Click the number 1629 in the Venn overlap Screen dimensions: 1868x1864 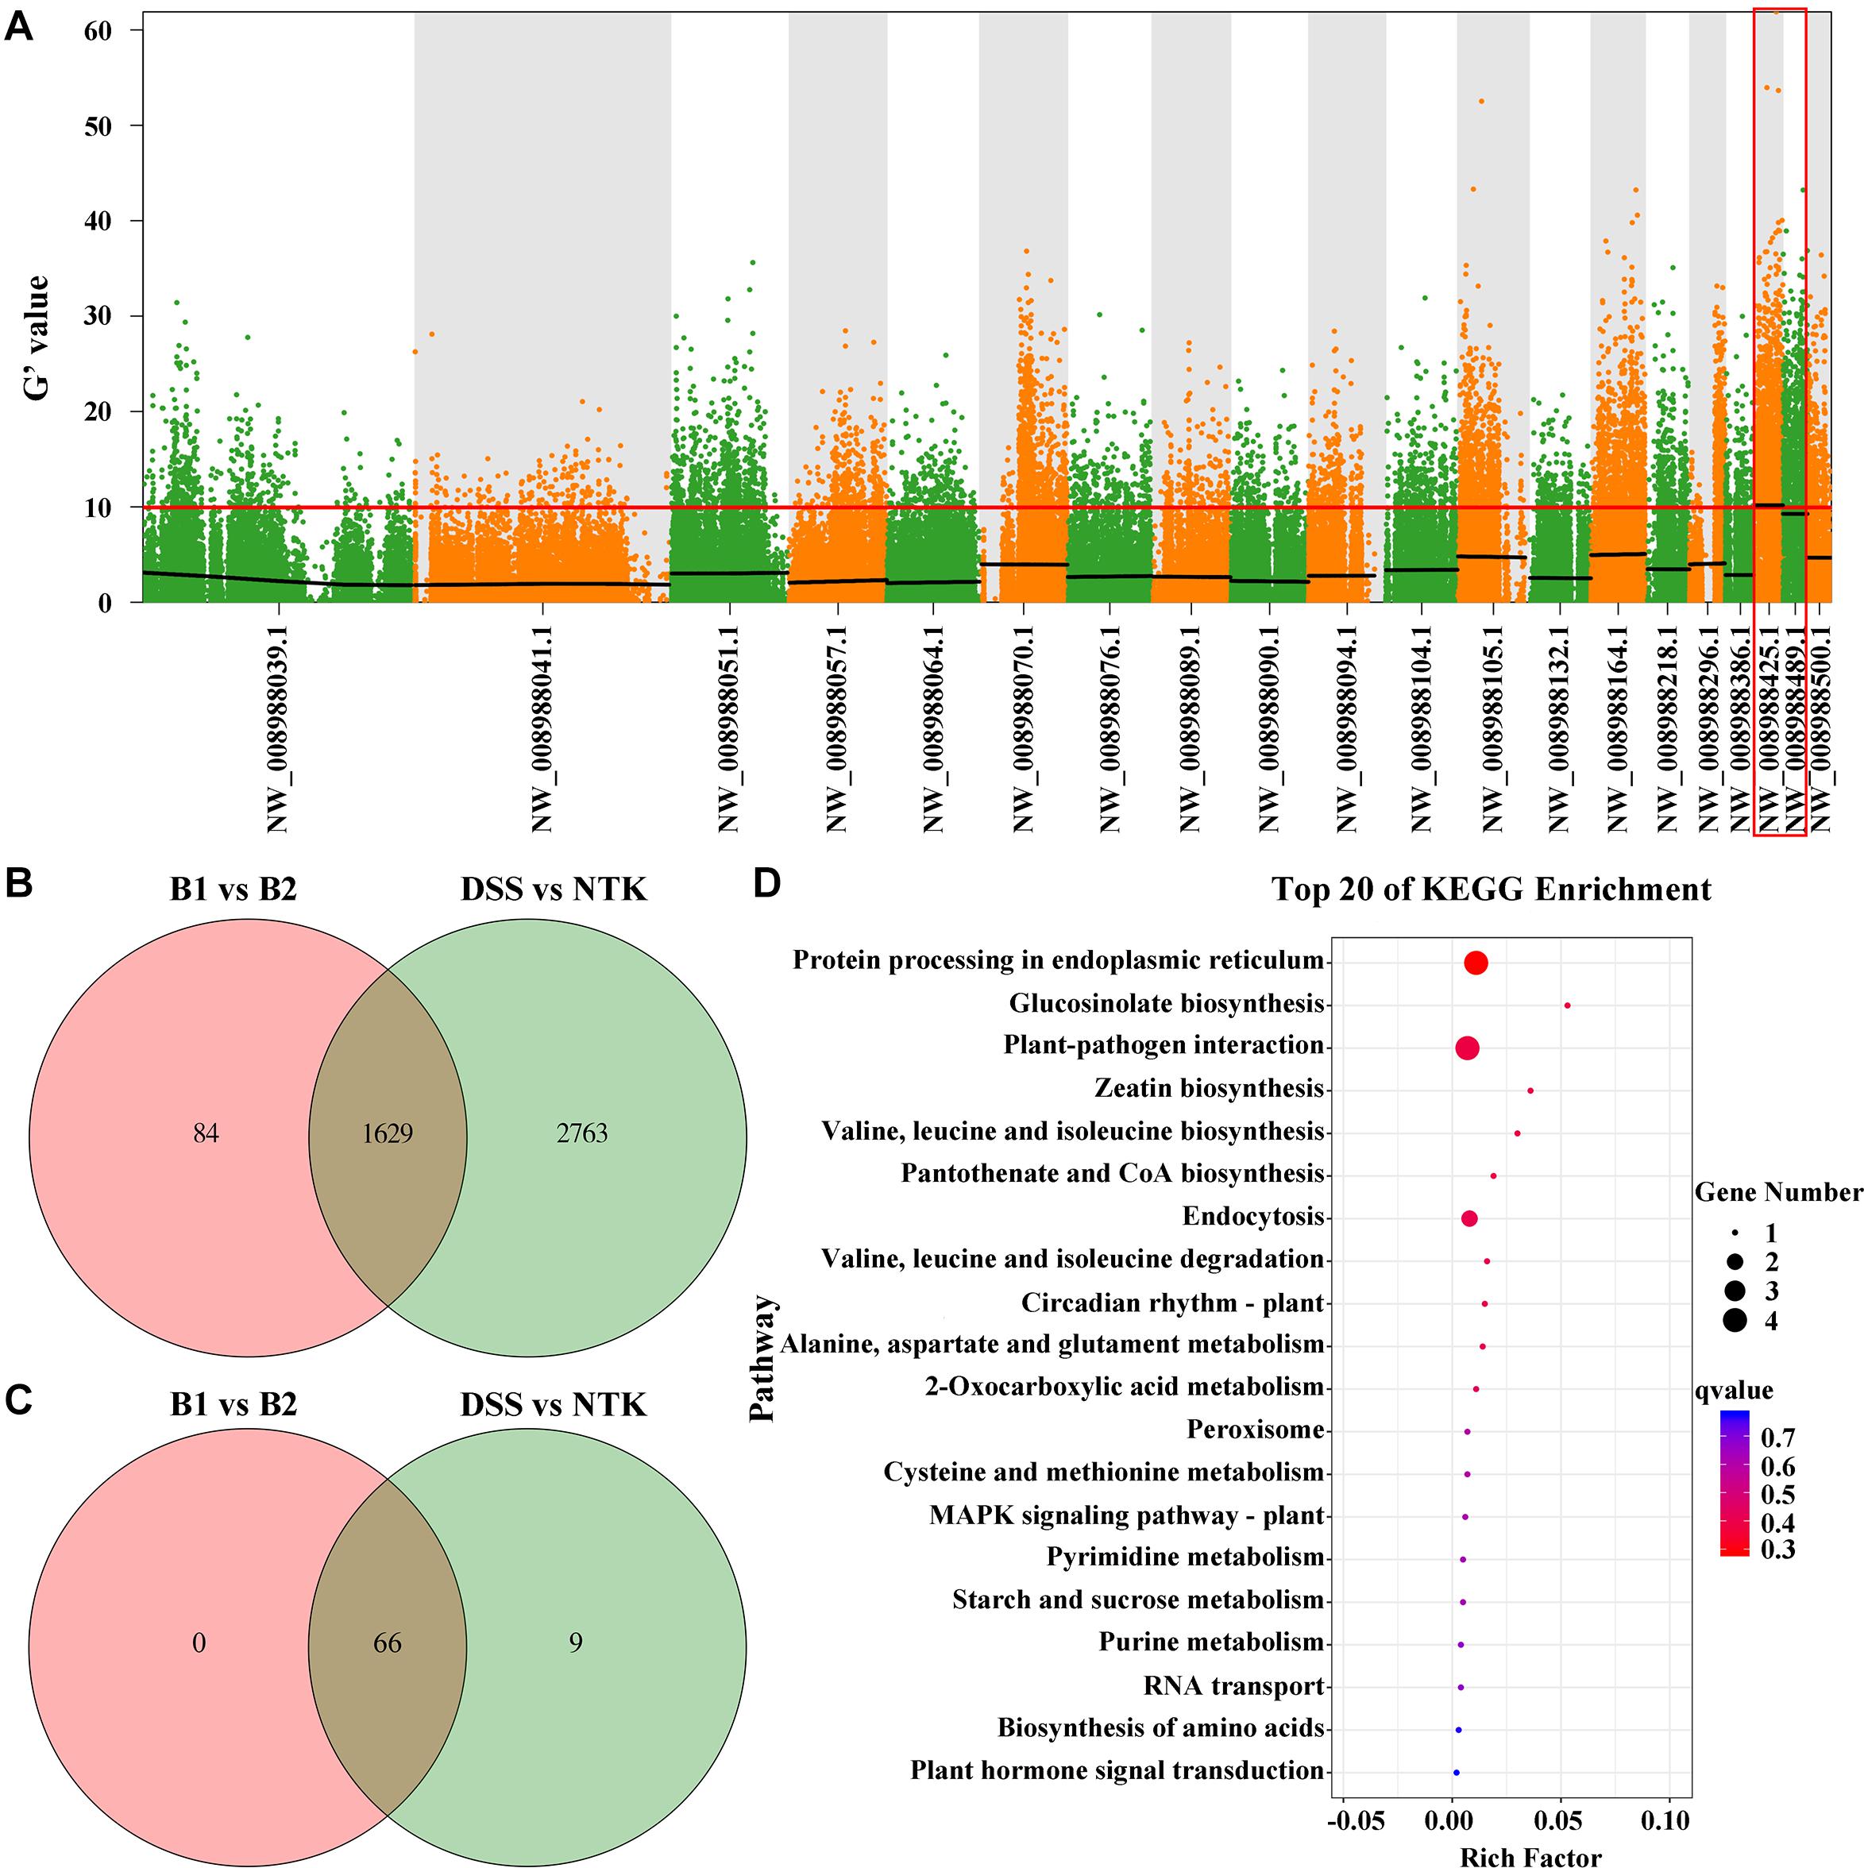click(388, 1133)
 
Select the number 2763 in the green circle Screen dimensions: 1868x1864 click(582, 1133)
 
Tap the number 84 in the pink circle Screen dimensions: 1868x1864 click(205, 1133)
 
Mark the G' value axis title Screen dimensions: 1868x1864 click(37, 338)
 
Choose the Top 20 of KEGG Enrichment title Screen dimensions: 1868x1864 click(1491, 890)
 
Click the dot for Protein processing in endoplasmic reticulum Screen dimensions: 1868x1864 click(1476, 963)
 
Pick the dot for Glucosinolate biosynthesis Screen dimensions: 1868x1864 click(1567, 1005)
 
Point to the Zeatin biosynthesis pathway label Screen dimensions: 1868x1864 click(1209, 1090)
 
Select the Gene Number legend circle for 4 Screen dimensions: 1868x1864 click(1734, 1320)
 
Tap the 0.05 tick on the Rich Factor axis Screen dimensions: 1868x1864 click(1561, 1824)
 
